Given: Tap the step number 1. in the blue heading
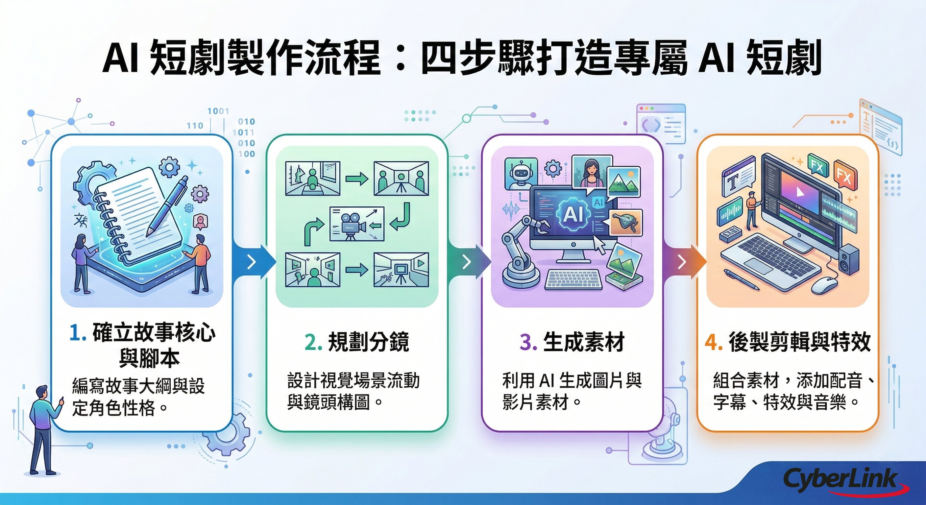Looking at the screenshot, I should (78, 333).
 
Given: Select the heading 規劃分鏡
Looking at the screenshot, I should (368, 342).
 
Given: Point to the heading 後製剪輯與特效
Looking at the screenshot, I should (799, 342).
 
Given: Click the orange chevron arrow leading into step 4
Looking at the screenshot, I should (682, 262).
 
